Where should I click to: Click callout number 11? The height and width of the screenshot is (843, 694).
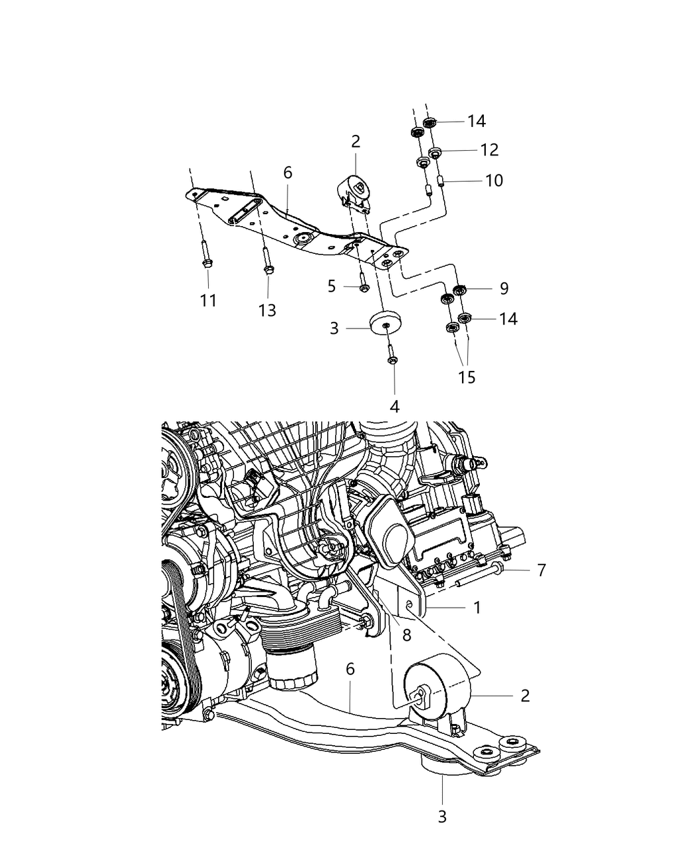[x=208, y=301]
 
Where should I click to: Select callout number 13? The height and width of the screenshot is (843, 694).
[x=267, y=310]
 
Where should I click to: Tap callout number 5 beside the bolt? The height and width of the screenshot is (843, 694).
[x=332, y=286]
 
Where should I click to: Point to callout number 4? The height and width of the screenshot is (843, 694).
[x=395, y=406]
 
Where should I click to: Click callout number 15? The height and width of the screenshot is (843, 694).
[x=467, y=377]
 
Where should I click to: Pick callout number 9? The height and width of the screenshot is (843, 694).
[x=504, y=288]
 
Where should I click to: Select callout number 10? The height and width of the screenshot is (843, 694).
[x=494, y=180]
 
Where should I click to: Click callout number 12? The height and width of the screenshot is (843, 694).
[x=489, y=150]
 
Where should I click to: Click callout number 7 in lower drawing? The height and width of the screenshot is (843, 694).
[x=541, y=569]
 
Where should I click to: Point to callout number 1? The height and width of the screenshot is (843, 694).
[x=477, y=606]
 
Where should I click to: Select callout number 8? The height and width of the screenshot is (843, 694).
[x=406, y=635]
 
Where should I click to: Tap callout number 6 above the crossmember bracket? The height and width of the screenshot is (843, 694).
[x=288, y=173]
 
